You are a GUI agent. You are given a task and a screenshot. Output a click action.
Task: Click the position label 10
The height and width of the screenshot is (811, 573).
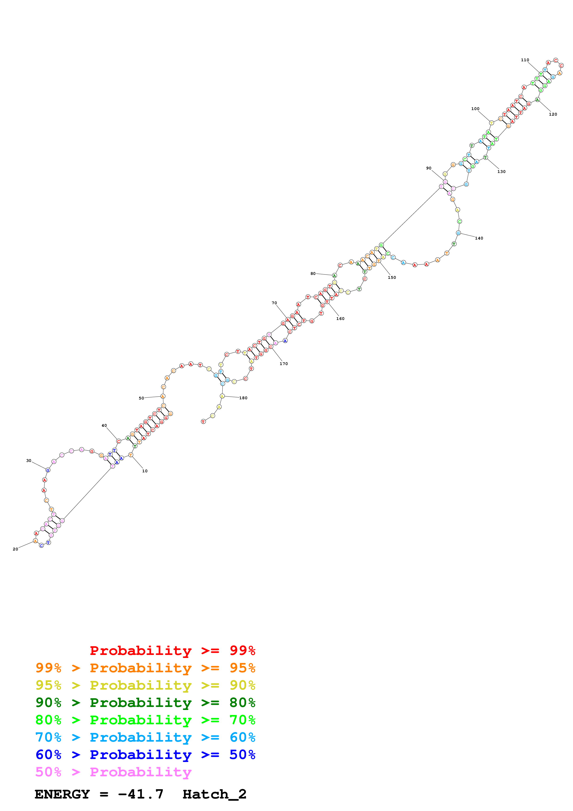pyautogui.click(x=145, y=471)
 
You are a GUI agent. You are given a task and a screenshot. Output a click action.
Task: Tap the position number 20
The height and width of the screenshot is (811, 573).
pyautogui.click(x=15, y=549)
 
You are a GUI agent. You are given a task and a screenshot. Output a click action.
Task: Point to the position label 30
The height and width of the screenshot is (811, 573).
pyautogui.click(x=29, y=461)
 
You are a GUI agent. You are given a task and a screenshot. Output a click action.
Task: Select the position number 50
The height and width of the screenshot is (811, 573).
pyautogui.click(x=141, y=398)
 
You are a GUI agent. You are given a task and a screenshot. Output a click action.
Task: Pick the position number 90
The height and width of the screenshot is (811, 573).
pyautogui.click(x=429, y=168)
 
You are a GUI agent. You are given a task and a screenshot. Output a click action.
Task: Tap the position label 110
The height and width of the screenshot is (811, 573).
pyautogui.click(x=525, y=60)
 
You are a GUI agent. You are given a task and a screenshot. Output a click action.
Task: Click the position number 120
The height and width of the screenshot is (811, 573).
pyautogui.click(x=553, y=114)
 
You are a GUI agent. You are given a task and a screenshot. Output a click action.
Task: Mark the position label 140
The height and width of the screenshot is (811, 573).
pyautogui.click(x=479, y=238)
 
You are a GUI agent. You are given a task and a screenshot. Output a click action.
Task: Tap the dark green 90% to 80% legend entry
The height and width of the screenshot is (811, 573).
pyautogui.click(x=145, y=703)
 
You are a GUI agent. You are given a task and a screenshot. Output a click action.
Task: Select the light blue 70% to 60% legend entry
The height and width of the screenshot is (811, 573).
pyautogui.click(x=145, y=737)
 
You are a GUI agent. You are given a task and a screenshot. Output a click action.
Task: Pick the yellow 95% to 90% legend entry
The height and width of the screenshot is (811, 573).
pyautogui.click(x=145, y=685)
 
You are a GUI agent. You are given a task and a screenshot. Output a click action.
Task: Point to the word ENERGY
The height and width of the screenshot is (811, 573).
pyautogui.click(x=62, y=794)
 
